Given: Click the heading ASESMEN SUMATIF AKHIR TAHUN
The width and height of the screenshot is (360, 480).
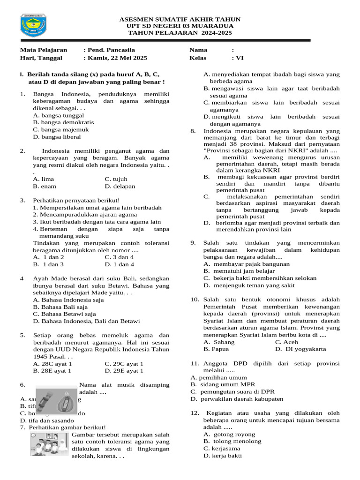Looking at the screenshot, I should point(180,19).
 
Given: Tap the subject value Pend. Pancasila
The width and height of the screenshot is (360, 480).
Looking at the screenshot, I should point(109,50).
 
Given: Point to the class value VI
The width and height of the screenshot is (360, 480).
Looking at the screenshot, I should point(238,58).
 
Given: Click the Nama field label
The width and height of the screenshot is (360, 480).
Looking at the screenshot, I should point(198,50).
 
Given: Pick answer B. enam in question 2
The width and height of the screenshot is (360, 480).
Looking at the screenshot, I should point(45,186).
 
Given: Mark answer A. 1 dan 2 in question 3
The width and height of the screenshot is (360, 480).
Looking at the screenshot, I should point(49,257).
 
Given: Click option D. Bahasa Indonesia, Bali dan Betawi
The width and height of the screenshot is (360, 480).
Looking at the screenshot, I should point(86,321).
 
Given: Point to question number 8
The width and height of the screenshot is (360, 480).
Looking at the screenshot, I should point(193,131).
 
